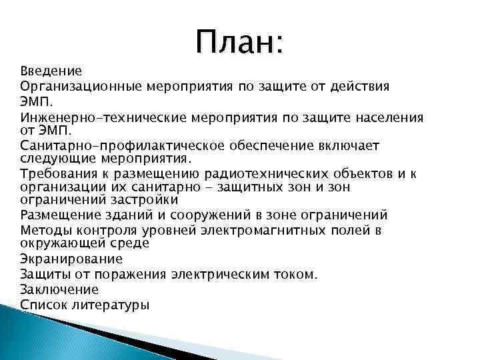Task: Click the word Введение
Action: tap(51, 71)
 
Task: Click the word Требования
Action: tap(57, 175)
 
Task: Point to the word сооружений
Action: tap(205, 215)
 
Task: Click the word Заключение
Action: tap(59, 289)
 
